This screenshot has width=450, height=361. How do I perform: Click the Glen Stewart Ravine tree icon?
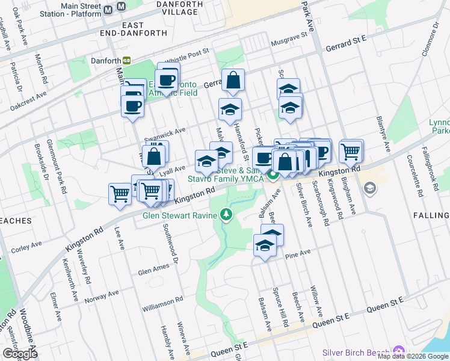point(226,214)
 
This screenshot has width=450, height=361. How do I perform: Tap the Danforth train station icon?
point(127,60)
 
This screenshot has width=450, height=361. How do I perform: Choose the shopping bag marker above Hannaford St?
point(233,81)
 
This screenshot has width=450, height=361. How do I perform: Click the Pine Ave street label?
point(298,253)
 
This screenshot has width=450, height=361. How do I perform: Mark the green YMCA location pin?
point(273,175)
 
